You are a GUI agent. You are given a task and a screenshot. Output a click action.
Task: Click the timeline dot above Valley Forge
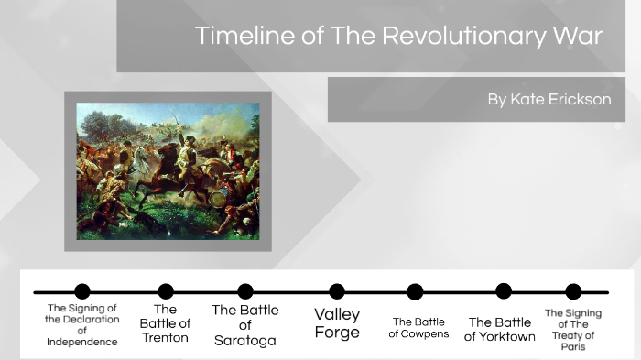(x=337, y=291)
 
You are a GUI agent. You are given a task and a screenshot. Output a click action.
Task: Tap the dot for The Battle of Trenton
(x=166, y=291)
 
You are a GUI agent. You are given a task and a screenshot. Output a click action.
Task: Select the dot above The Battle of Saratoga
(x=245, y=291)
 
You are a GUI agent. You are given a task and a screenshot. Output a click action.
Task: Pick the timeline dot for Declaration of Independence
(x=82, y=291)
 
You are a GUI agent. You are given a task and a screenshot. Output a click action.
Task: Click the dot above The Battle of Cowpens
(x=415, y=291)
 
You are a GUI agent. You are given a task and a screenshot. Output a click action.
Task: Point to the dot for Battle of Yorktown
(x=504, y=291)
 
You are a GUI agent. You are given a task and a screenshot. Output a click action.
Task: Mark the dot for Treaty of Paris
(x=573, y=291)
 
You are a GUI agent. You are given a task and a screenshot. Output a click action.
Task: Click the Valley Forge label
(x=337, y=323)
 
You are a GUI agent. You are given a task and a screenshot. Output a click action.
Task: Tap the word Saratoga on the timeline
(x=245, y=341)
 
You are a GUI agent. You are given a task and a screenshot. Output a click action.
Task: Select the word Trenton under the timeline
(x=165, y=337)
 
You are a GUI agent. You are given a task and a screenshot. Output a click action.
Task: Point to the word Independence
(x=82, y=342)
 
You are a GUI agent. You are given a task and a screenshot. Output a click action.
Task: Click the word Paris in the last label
(x=573, y=346)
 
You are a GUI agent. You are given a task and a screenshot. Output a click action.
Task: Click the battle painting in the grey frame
(x=168, y=170)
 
